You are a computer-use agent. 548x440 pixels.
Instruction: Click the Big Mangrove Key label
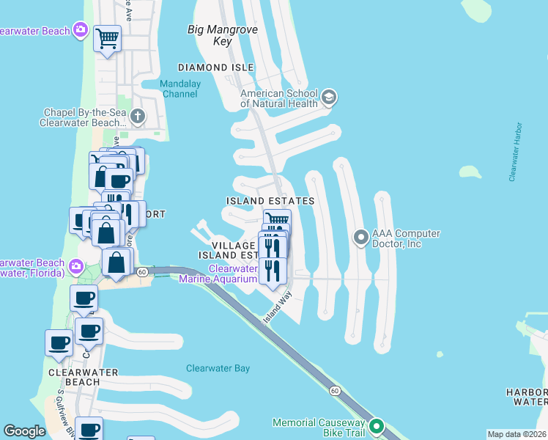pos(211,36)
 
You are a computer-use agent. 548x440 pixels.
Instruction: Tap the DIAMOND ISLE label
pos(212,67)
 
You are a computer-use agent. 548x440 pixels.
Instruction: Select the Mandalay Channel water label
pos(180,89)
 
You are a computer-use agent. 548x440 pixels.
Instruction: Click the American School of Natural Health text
pos(280,98)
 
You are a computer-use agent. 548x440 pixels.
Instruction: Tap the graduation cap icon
pos(329,97)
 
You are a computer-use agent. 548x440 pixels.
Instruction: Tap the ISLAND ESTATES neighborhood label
pos(270,200)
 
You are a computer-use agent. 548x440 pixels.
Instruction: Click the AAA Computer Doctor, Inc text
pos(406,238)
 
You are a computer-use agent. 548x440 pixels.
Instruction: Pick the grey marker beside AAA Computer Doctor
pos(360,238)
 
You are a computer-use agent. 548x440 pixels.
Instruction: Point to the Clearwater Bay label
pos(218,368)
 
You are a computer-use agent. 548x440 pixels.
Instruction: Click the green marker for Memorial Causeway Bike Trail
pos(377,426)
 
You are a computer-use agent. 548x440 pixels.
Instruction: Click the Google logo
pos(25,431)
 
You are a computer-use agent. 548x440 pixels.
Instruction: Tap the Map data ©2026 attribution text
pos(516,434)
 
